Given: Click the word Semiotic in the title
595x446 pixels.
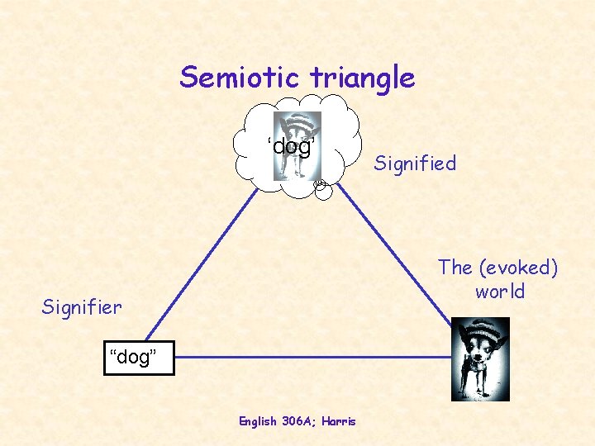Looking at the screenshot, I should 241,77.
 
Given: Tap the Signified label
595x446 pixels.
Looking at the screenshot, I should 414,164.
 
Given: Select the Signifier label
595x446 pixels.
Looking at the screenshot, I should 82,308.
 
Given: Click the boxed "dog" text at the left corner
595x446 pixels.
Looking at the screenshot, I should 139,358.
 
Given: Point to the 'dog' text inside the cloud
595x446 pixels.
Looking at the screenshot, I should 290,147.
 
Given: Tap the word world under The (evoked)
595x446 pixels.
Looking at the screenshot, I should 499,292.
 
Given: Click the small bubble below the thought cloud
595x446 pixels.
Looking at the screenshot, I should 321,190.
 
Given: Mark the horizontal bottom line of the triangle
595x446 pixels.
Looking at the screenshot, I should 314,358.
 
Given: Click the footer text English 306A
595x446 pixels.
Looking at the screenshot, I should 272,421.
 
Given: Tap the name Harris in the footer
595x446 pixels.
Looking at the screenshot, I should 340,421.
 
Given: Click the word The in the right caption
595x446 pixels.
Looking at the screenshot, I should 455,268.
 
